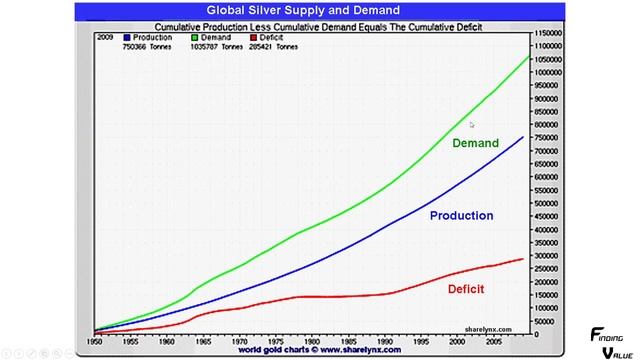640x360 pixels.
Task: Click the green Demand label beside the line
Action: click(x=475, y=143)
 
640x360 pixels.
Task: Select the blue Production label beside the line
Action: click(x=461, y=215)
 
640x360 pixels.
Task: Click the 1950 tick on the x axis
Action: click(x=94, y=341)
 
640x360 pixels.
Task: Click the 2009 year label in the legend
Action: click(x=103, y=37)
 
